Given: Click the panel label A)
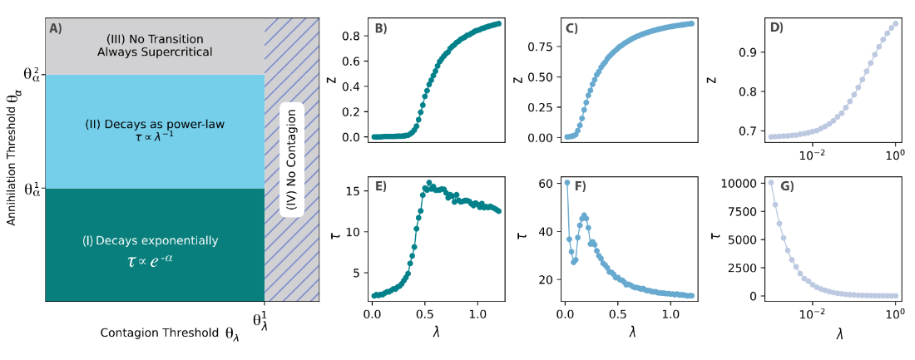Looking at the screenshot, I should (x=56, y=28).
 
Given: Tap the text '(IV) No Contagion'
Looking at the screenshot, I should (x=289, y=160).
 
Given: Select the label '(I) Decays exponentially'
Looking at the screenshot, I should (x=150, y=241).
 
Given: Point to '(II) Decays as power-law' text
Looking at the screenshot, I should (x=155, y=125).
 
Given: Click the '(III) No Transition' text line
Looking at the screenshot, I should (x=155, y=39).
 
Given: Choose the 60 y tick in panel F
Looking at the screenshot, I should (x=547, y=183).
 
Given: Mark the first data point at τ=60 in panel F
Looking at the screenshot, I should (x=567, y=183).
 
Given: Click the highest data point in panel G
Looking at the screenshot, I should (x=771, y=183).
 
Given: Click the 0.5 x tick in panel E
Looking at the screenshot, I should (x=424, y=316).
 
